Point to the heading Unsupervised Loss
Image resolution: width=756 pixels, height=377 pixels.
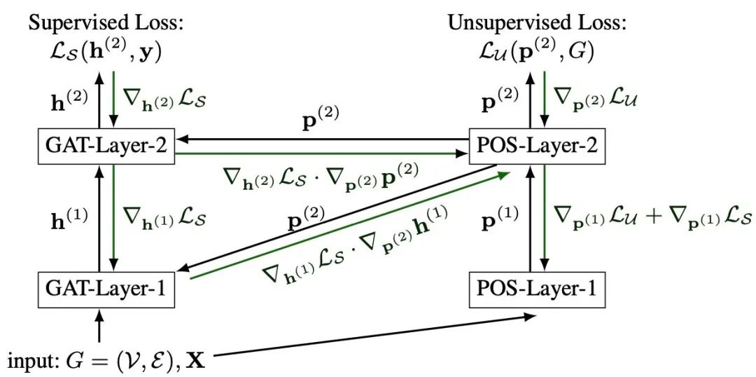tap(538, 22)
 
